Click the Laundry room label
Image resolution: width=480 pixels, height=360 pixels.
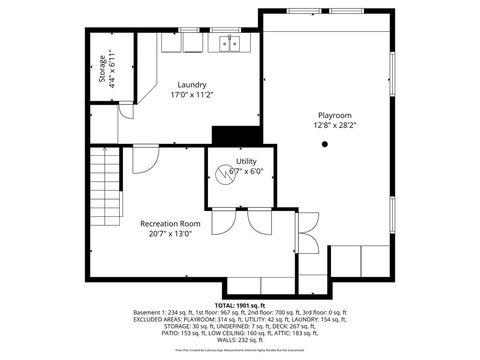pos(192,84)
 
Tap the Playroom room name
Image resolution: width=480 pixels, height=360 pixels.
pos(327,115)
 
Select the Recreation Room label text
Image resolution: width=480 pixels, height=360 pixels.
pos(170,223)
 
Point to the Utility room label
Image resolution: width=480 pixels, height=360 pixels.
pos(246,161)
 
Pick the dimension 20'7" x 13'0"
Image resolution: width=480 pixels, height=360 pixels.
pos(170,234)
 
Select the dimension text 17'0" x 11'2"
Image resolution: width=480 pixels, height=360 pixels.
pos(192,95)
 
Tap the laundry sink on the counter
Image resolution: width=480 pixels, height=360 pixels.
pos(229,43)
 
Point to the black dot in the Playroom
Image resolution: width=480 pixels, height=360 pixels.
pos(324,144)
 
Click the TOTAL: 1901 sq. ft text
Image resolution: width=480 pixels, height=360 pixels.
pos(240,304)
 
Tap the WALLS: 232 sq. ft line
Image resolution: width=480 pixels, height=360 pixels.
pos(240,339)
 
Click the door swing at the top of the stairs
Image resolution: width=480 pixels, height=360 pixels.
pos(145,157)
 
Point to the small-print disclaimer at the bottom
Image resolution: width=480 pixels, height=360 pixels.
pos(240,351)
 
